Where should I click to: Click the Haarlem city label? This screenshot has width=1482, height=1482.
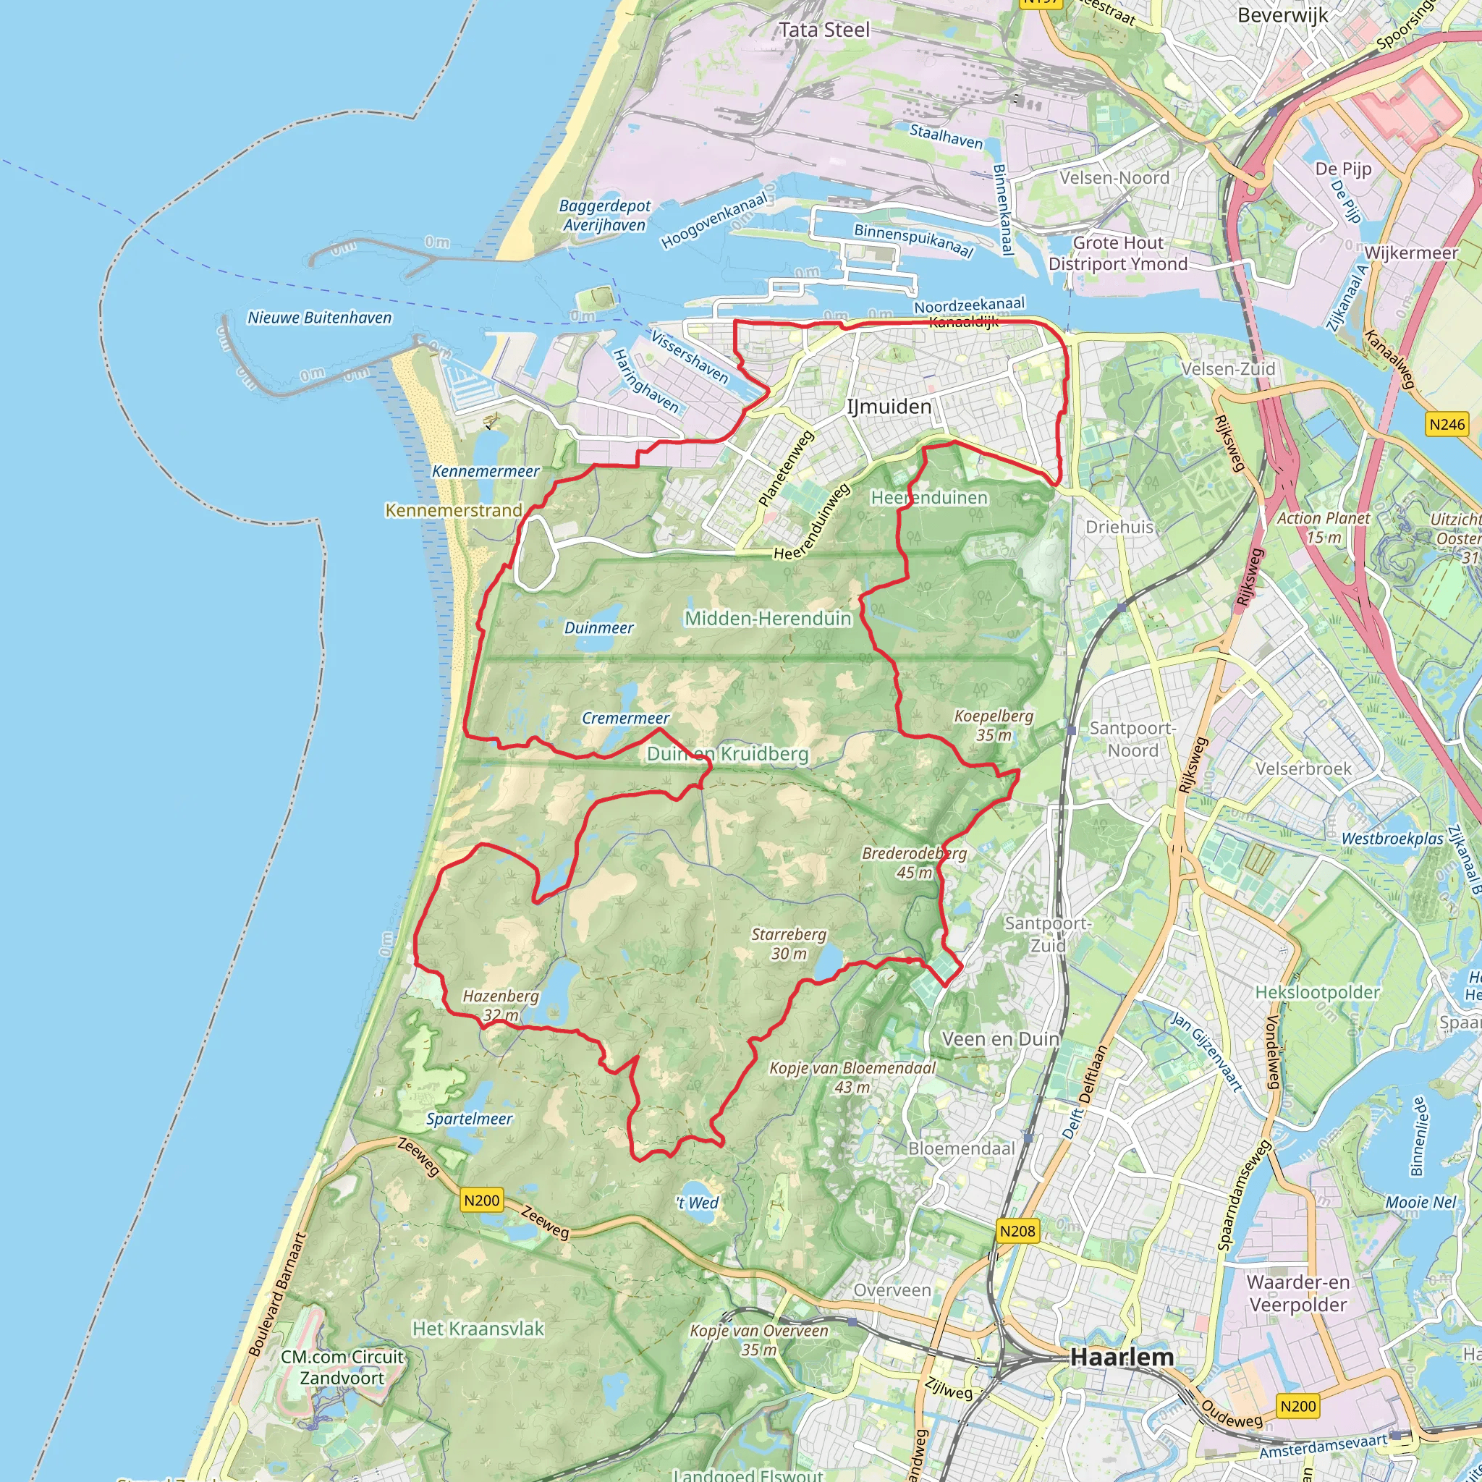(1122, 1356)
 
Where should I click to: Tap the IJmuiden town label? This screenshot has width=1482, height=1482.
(889, 407)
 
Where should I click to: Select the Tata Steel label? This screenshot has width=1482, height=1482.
(825, 30)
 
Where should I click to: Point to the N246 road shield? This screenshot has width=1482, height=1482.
(1447, 424)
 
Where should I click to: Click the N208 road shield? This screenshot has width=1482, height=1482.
(1018, 1231)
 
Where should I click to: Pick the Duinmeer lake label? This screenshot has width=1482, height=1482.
(598, 628)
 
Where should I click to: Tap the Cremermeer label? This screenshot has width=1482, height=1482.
(625, 718)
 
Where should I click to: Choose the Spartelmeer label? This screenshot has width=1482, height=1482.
(470, 1119)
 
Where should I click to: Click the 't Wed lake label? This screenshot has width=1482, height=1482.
(698, 1203)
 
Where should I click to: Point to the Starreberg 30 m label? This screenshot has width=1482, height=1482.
(789, 944)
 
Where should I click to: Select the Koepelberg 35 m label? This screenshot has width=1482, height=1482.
(994, 725)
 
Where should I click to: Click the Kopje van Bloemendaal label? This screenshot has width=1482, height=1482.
(852, 1077)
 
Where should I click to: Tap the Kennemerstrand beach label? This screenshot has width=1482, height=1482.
(453, 510)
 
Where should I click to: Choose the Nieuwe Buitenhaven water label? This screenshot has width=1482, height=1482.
(319, 318)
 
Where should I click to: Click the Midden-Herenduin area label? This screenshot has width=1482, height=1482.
(768, 618)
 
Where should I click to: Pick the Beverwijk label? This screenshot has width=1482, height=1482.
(1282, 15)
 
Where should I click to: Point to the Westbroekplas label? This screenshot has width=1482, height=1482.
(1392, 839)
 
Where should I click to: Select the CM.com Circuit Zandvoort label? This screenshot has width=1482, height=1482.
(342, 1367)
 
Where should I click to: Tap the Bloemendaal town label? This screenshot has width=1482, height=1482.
(961, 1148)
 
